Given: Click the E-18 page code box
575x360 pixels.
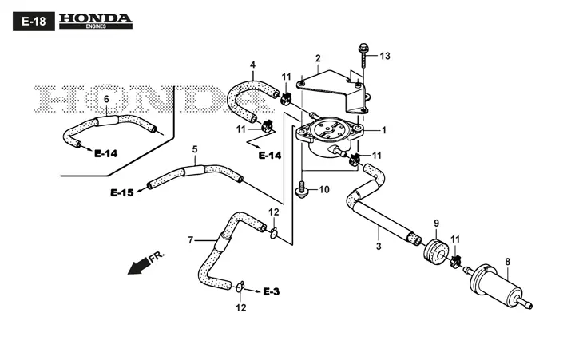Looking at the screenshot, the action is [34, 22].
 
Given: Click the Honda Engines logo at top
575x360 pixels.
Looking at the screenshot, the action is [95, 22].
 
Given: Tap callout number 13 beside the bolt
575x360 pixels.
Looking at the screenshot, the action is [385, 56].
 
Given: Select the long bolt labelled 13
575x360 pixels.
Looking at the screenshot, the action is [363, 55].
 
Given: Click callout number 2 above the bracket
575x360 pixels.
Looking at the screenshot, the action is [318, 58].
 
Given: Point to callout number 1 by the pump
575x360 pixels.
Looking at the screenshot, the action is [384, 130].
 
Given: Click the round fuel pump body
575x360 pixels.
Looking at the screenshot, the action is [328, 136].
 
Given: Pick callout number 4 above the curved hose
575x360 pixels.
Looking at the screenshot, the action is [252, 65].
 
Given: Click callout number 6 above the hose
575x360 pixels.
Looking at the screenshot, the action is [106, 99].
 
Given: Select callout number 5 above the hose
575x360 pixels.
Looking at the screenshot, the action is [195, 149].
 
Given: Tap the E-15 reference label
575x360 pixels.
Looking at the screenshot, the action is [122, 192].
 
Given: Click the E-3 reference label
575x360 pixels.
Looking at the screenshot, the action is [272, 291].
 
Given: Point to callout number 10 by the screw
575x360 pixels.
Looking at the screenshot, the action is [324, 189].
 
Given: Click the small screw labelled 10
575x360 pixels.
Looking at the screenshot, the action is [301, 189].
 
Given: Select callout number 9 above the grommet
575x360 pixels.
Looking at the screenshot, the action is [436, 224].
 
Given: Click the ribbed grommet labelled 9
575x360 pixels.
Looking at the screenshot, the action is [435, 251].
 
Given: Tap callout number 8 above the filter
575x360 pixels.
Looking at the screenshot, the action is [508, 262].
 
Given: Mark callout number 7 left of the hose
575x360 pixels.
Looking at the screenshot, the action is [190, 240].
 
